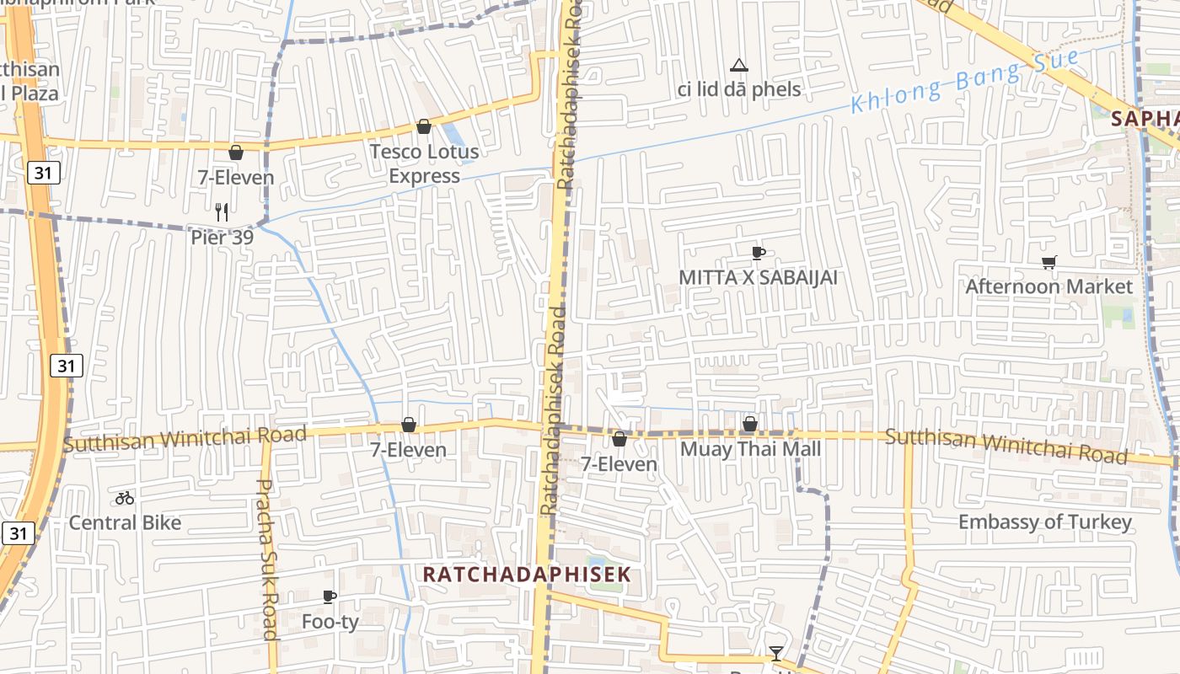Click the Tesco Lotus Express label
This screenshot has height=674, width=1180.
[424, 163]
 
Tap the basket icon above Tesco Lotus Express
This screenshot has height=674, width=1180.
[424, 126]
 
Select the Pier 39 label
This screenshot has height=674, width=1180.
[222, 237]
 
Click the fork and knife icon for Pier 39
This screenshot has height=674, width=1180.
[222, 211]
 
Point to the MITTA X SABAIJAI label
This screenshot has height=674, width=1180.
[758, 277]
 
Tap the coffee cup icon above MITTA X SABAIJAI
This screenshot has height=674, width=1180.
[758, 253]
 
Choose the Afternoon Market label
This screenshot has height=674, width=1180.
[1049, 286]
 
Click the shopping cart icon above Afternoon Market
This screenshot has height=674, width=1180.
[1049, 262]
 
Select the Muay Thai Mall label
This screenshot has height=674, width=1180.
[750, 448]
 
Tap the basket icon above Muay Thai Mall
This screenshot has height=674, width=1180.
[749, 424]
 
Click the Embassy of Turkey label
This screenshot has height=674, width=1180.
[1044, 522]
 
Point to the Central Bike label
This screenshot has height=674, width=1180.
[125, 522]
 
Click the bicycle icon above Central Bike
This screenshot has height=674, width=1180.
[125, 498]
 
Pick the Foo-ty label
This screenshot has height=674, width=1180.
[330, 622]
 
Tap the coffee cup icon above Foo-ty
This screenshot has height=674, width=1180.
[330, 597]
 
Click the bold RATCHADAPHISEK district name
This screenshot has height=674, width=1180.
[526, 575]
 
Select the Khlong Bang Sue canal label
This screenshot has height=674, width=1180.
[964, 81]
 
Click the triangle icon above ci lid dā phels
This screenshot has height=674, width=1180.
[739, 65]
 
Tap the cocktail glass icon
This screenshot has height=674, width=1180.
[775, 653]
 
